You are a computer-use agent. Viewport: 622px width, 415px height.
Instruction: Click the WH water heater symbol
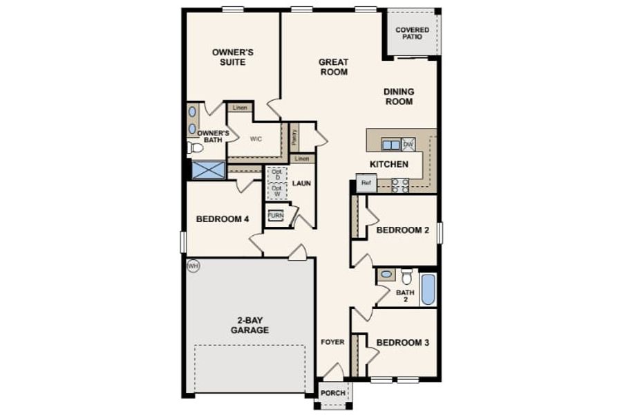pyautogui.click(x=193, y=266)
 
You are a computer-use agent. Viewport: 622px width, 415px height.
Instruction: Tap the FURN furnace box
pyautogui.click(x=276, y=215)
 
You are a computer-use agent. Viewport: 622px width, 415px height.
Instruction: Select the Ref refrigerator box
pyautogui.click(x=366, y=184)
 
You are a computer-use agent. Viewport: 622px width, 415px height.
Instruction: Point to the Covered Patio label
pyautogui.click(x=412, y=33)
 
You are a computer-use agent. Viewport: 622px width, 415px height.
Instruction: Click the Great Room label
pyautogui.click(x=333, y=66)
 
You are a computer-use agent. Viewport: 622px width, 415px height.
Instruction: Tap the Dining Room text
pyautogui.click(x=399, y=96)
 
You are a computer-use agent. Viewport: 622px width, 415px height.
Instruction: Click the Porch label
pyautogui.click(x=333, y=394)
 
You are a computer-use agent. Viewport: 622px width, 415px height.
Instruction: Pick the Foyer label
pyautogui.click(x=333, y=342)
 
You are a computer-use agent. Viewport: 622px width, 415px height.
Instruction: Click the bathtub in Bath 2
pyautogui.click(x=428, y=289)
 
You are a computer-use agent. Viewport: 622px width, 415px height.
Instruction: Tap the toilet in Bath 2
pyautogui.click(x=406, y=277)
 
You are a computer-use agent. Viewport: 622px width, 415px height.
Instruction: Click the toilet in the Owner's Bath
pyautogui.click(x=195, y=147)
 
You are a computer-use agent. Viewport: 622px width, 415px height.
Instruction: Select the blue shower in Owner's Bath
pyautogui.click(x=207, y=170)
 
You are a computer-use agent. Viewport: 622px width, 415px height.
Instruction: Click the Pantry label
pyautogui.click(x=294, y=138)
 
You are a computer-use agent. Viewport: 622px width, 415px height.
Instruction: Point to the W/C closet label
pyautogui.click(x=256, y=138)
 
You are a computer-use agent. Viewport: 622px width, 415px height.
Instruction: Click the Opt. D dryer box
pyautogui.click(x=277, y=174)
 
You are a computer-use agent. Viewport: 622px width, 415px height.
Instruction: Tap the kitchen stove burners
pyautogui.click(x=400, y=185)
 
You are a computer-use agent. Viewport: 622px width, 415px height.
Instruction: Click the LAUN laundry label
pyautogui.click(x=301, y=184)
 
